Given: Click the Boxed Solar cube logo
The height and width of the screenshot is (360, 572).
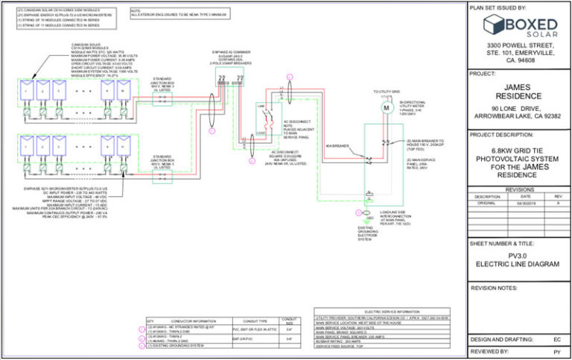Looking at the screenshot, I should point(495,25).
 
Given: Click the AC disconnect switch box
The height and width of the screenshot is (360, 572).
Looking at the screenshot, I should point(262,119).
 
